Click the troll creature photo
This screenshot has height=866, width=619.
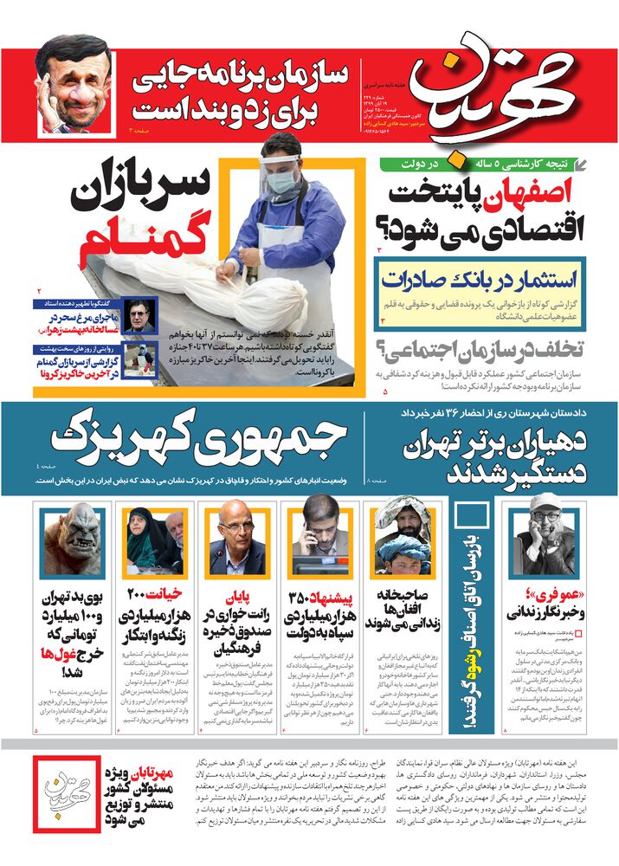(73, 540)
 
